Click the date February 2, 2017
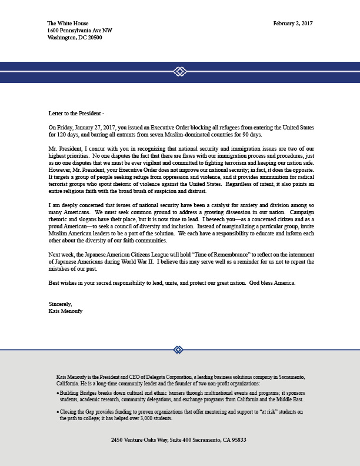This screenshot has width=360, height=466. pos(292,24)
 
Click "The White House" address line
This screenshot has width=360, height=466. pos(68,24)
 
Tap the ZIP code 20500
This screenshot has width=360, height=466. pos(94,38)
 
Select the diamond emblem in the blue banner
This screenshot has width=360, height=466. pos(180,72)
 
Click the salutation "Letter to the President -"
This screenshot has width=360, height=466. pos(76,113)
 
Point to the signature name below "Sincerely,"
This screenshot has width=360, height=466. pos(65,311)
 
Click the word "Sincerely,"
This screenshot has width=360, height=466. pos(60,304)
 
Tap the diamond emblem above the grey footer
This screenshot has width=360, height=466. pos(178,349)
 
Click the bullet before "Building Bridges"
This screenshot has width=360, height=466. pos(58,392)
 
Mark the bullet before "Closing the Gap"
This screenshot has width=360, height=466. pos(58,412)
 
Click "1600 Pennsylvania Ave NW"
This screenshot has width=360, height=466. pos(79,31)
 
